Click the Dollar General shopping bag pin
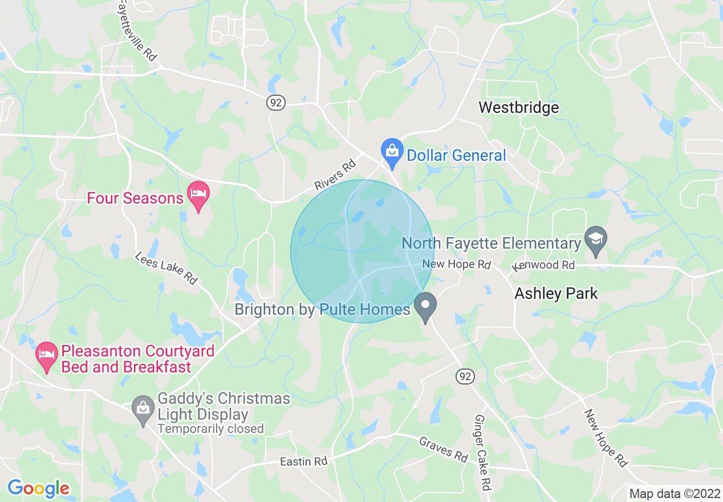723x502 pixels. pos(392,152)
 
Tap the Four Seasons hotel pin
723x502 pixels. pos(198,195)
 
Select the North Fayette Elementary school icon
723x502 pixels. pos(596,239)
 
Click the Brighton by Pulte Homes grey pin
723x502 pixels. pos(425,306)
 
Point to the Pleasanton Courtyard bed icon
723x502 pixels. pos(46,355)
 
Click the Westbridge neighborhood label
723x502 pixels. pos(518,107)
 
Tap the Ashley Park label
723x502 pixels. pos(556,294)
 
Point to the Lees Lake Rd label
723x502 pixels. pos(166,269)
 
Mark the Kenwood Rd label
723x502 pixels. pos(543,265)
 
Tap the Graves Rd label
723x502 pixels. pos(444,450)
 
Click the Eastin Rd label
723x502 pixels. pos(304,461)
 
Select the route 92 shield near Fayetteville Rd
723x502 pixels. pos(275,103)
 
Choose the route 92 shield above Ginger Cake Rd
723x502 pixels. pos(465,376)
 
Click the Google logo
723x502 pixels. pos(38,488)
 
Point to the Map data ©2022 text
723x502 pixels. pos(675,493)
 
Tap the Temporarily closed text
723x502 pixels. pos(210,428)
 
